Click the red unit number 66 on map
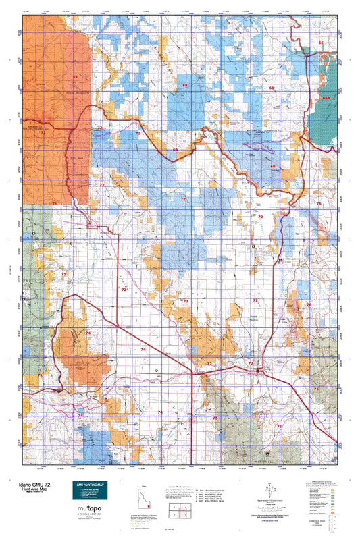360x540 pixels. pyautogui.click(x=321, y=43)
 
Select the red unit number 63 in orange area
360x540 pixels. pyautogui.click(x=75, y=77)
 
